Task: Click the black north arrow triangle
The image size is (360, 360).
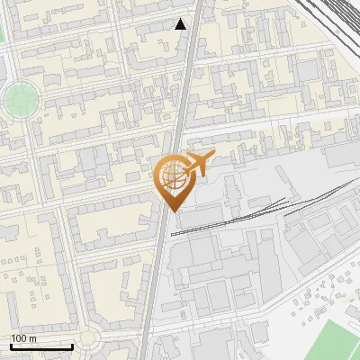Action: pos(181,24)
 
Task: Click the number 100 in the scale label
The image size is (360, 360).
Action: pos(19,338)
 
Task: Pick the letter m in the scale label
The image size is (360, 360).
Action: pos(32,338)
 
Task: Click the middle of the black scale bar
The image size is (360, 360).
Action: pos(41,346)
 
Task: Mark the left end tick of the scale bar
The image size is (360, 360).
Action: pos(12,346)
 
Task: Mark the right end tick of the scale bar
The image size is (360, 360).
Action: pos(72,346)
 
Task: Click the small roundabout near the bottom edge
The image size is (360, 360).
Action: pos(88,339)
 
